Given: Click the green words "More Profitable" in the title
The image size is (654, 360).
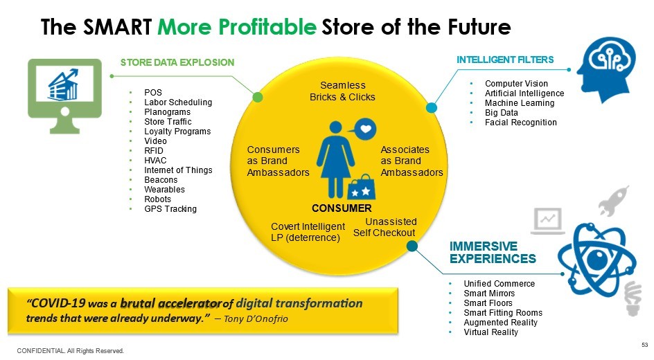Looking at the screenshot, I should click(x=237, y=28).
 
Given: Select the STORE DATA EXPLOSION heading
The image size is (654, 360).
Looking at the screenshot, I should click(x=177, y=62).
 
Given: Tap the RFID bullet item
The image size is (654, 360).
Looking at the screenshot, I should click(x=154, y=151).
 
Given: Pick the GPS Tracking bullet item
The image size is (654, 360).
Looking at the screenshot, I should click(x=170, y=209).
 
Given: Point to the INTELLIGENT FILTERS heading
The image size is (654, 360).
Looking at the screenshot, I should click(x=505, y=60).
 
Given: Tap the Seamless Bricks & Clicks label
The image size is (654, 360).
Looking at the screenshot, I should click(x=342, y=91).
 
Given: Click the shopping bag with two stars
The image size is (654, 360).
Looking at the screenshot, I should click(x=361, y=186).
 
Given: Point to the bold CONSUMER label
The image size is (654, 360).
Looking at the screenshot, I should click(x=342, y=208).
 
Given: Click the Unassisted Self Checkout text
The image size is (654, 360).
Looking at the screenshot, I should click(x=385, y=227).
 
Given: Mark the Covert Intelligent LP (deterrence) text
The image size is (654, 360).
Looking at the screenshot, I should click(x=308, y=232).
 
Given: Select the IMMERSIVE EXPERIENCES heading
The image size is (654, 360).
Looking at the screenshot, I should click(x=493, y=253).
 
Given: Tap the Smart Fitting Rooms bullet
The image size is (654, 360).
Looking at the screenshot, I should click(x=503, y=313).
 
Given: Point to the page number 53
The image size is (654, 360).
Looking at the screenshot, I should click(x=644, y=345).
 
